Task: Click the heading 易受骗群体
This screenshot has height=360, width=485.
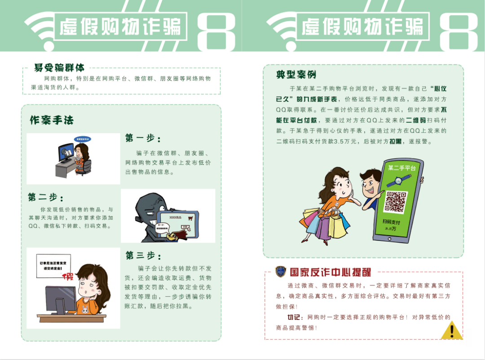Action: tap(59, 68)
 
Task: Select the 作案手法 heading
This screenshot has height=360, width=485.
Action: tap(51, 120)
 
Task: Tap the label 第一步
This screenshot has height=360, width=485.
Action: tap(143, 138)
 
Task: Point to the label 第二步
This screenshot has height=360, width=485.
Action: tap(46, 197)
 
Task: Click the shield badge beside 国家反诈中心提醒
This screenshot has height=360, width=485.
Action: tap(281, 271)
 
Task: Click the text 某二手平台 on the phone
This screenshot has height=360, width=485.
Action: tap(401, 168)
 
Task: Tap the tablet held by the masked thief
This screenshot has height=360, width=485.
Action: tap(178, 222)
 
